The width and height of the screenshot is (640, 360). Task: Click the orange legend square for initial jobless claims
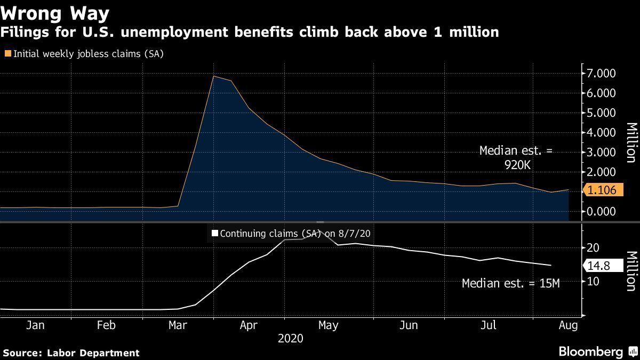pos(7,53)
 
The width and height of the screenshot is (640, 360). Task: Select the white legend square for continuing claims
pos(215,233)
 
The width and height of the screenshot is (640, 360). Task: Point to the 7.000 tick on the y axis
pos(601,73)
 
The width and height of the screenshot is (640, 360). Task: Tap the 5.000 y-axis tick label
pos(601,113)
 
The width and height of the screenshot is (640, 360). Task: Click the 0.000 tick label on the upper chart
pos(601,211)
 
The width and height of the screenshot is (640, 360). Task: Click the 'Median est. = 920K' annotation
pos(516,158)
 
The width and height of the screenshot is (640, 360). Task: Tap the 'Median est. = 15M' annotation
pos(510,284)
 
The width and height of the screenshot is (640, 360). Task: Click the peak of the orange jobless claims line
pos(213,76)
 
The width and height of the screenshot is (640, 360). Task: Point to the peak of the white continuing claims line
pos(320,233)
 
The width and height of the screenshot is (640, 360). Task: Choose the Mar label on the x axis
pos(177,325)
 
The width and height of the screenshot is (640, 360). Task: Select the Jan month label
pos(35,325)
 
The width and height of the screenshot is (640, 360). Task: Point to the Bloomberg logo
pos(590,352)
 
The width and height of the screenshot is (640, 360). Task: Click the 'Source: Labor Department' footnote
pos(71,353)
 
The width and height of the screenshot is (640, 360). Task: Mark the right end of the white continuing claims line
pos(550,265)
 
